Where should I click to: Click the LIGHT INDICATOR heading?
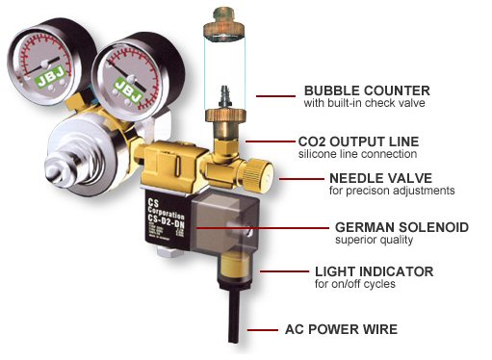coord(374,271)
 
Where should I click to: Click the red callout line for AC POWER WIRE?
coord(264,329)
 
